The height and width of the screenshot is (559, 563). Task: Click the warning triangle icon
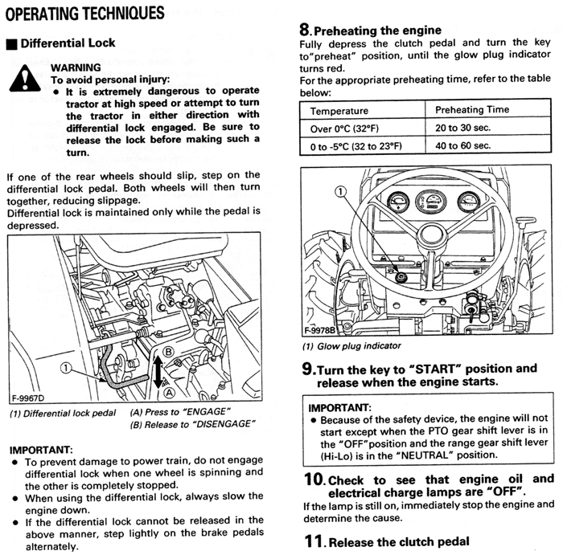pos(25,79)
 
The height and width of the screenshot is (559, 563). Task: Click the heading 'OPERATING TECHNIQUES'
pos(85,14)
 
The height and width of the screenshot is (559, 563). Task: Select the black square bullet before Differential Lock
pos(12,44)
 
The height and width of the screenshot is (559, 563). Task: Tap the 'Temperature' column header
pos(339,111)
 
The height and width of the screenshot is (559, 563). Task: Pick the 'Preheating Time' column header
pos(472,109)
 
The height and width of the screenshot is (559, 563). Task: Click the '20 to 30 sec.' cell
pos(462,128)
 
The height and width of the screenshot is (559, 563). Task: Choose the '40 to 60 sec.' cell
pos(462,145)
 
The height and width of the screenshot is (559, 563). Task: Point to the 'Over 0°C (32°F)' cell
pos(344,129)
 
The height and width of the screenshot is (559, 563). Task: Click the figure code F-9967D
pos(28,398)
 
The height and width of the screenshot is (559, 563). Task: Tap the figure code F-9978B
pos(319,330)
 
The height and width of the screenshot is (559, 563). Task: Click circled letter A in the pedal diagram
pos(169,393)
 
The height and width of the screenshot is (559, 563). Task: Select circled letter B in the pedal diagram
pos(168,352)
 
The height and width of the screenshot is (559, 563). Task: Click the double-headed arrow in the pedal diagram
pos(158,372)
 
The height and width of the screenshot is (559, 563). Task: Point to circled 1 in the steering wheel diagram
pos(340,192)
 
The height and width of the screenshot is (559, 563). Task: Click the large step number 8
pos(305,30)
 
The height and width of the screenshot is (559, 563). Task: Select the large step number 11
pos(314,541)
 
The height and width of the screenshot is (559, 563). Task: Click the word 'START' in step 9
pos(435,369)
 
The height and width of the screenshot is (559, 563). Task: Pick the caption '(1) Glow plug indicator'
pos(351,346)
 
